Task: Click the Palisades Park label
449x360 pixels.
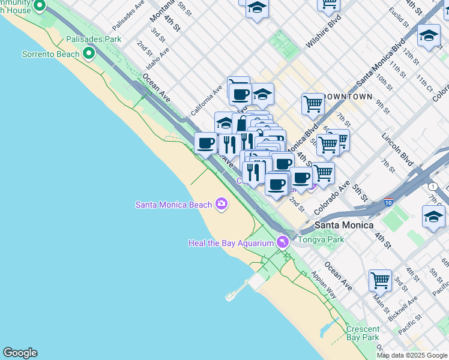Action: [x=94, y=39]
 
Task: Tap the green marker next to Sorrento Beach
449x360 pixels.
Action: [x=89, y=54]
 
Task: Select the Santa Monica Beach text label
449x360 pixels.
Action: [x=173, y=205]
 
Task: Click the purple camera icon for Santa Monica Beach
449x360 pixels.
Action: [x=221, y=204]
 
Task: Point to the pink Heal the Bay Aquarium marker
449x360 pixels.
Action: [x=283, y=242]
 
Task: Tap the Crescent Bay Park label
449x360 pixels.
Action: [x=363, y=334]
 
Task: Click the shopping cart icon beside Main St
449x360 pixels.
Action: [x=380, y=280]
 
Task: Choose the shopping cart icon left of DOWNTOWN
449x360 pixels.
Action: [x=313, y=103]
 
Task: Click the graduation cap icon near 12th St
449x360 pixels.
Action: [x=429, y=35]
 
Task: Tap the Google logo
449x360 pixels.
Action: [x=20, y=353]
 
